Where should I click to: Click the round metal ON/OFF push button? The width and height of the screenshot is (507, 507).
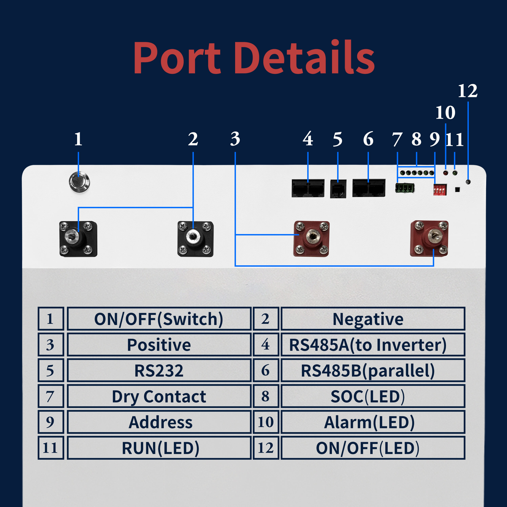point(79,182)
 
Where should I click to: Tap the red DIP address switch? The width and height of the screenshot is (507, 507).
point(440,190)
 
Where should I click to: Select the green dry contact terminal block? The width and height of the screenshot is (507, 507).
point(404,188)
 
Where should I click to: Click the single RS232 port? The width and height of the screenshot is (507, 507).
point(338,189)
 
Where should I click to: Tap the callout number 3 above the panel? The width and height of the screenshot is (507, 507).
point(235,139)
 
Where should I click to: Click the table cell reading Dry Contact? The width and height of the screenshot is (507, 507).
point(159,396)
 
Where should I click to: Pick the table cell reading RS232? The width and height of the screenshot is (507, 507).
point(159,371)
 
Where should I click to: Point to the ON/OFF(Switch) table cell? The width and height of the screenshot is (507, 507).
point(159,319)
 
